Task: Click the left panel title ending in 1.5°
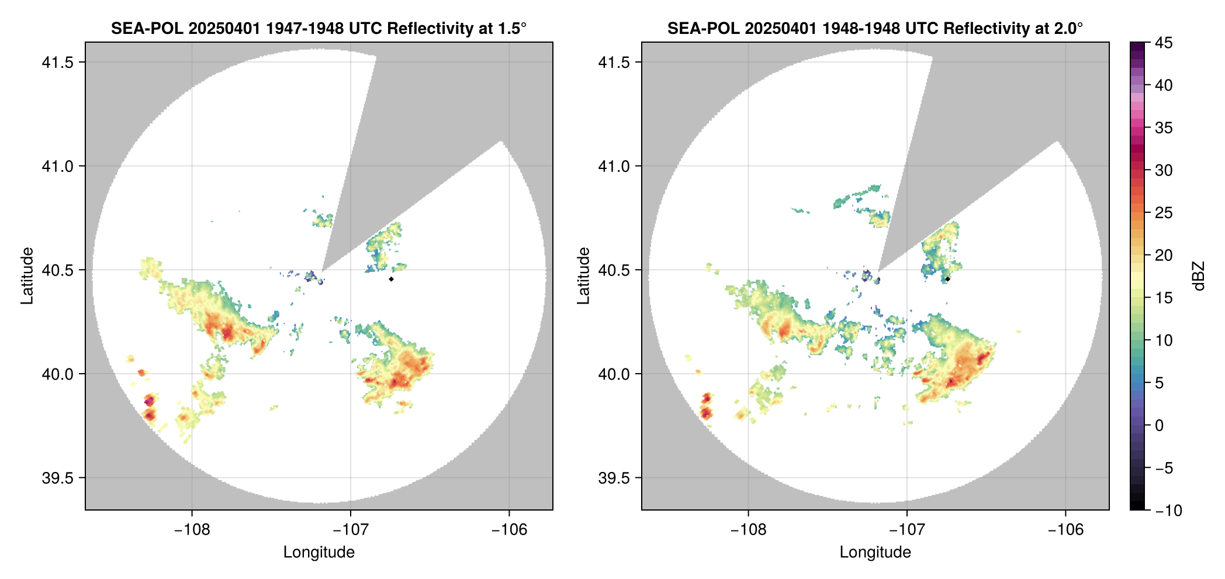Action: pos(319,28)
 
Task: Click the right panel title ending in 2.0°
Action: pos(875,28)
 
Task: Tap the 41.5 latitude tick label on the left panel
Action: pos(58,62)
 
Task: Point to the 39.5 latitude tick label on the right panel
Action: pos(614,478)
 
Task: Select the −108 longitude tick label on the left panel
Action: pos(191,529)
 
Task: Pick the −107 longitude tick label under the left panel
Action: pos(350,529)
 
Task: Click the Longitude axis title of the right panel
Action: pos(875,552)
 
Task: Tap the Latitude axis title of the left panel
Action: pos(27,275)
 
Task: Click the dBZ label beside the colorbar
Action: pos(1198,276)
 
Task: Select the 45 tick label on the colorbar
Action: pos(1164,43)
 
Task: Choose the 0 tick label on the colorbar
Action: pos(1160,425)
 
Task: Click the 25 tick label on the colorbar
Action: pos(1164,213)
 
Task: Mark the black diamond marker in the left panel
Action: pos(391,279)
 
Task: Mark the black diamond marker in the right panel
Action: pos(947,279)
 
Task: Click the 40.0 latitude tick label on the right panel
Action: pos(614,374)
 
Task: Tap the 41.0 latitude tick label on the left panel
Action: pos(58,166)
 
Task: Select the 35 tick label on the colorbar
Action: pos(1164,127)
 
